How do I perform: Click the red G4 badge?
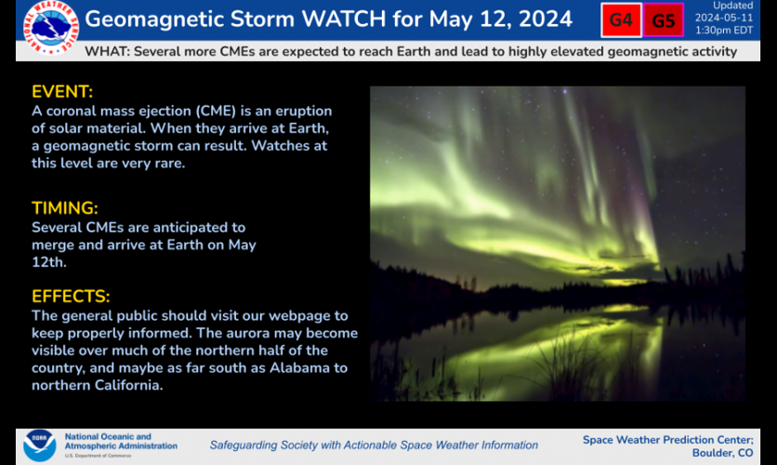click(621, 20)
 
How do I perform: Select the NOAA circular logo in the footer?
click(39, 445)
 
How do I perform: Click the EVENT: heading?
click(62, 92)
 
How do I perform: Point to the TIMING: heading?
click(65, 207)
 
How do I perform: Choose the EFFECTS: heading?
click(71, 297)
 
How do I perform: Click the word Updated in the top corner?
click(733, 6)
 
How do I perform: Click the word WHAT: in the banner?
click(107, 52)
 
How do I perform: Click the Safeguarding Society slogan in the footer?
click(374, 445)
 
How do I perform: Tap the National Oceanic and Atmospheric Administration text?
click(107, 441)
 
